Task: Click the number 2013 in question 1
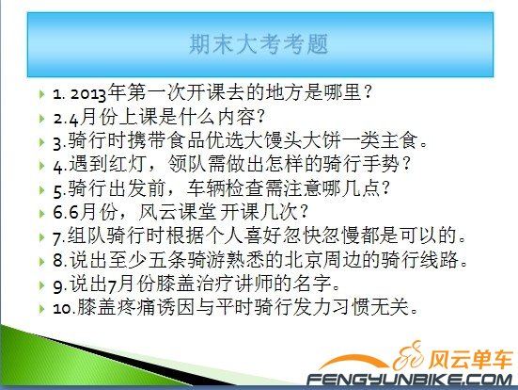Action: [x=89, y=93]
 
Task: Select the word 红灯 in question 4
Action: [x=121, y=164]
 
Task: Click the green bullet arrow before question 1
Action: [x=42, y=94]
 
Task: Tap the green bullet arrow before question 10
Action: [x=42, y=308]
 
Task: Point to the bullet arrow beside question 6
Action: [x=42, y=212]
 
